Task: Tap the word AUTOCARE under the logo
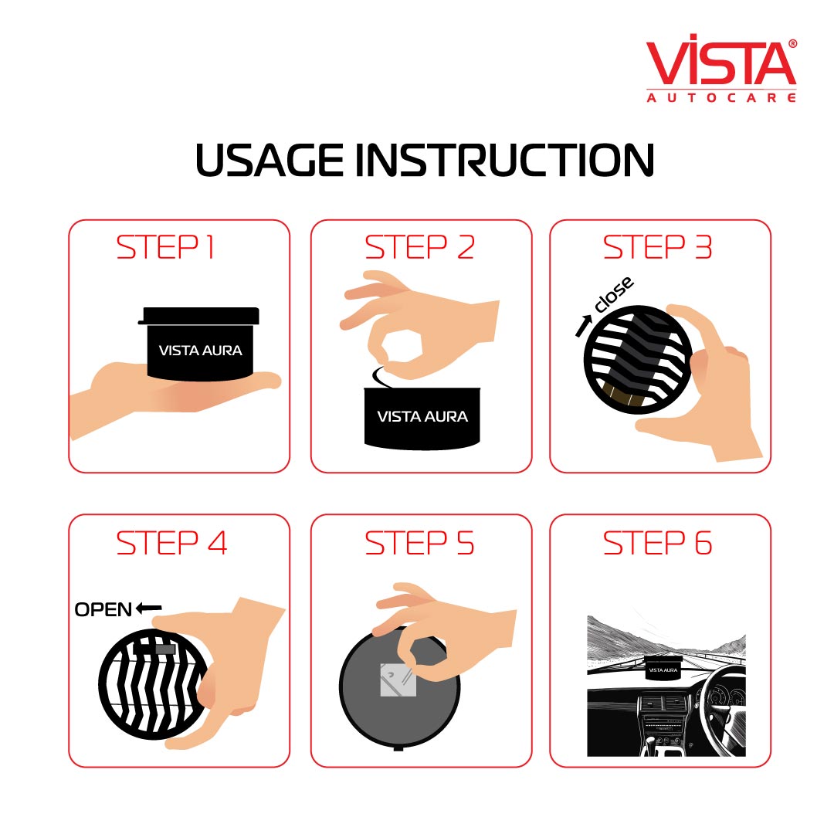[x=721, y=97]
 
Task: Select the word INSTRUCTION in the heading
[x=504, y=160]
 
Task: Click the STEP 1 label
[x=165, y=247]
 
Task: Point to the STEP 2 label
[x=419, y=247]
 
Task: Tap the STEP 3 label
[x=657, y=247]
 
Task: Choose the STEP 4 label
[x=171, y=543]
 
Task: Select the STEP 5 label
[x=419, y=543]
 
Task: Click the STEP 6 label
[x=657, y=543]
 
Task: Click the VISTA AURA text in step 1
[x=201, y=350]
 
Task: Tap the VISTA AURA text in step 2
[x=422, y=416]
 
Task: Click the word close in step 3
[x=614, y=294]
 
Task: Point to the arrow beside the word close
[x=584, y=326]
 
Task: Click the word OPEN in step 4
[x=103, y=609]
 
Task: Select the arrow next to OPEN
[x=148, y=608]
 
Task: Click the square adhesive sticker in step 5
[x=398, y=680]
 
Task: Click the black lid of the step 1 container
[x=199, y=315]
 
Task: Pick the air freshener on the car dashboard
[x=663, y=667]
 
